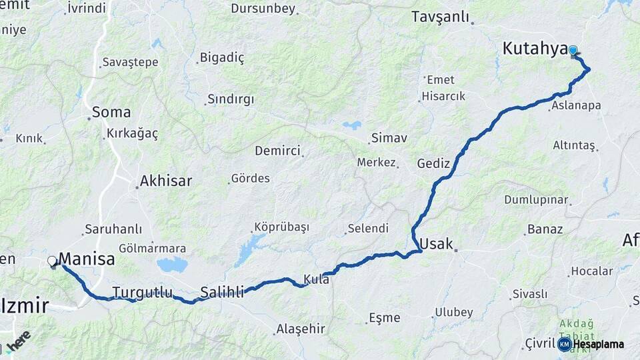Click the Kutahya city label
point(535,49)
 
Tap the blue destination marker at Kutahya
point(573,51)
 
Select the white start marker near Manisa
point(52,261)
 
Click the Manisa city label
point(87,259)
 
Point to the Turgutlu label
point(142,292)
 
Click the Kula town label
point(316,279)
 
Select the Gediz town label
point(433,163)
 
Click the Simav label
point(389,138)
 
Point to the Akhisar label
point(165,181)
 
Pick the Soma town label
point(111,112)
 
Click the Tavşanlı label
point(440,17)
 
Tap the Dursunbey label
point(262,9)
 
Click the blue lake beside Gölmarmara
point(172,265)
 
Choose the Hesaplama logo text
point(599,344)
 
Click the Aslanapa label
point(576,105)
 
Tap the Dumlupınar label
point(536,200)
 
